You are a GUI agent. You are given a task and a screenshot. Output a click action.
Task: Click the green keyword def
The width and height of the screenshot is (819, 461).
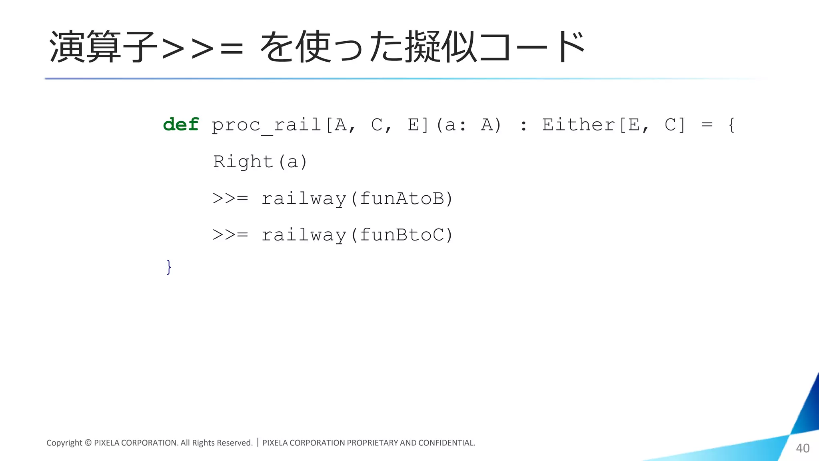(x=181, y=124)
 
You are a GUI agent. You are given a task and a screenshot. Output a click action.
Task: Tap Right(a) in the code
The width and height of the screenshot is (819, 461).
(x=260, y=162)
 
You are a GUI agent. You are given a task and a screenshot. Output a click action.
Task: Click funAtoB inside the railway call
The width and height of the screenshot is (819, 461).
(x=402, y=198)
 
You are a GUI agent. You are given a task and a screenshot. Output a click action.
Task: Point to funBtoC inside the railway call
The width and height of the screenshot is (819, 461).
(x=402, y=235)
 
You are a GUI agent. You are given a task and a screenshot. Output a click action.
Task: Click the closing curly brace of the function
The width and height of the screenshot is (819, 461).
(x=169, y=267)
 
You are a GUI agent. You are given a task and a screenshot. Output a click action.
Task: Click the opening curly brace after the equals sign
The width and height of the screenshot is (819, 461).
(x=731, y=124)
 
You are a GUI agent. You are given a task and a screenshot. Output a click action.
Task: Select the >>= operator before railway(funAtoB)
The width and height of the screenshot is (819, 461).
(x=230, y=198)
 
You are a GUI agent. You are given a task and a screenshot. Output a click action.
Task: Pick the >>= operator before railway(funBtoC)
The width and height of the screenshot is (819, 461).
(x=230, y=235)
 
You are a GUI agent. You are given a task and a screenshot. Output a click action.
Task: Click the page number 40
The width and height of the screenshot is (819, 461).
(x=803, y=448)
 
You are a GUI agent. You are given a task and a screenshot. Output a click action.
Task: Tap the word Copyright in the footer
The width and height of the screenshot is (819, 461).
(x=64, y=443)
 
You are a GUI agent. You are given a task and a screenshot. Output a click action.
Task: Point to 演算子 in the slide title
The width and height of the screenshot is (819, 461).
(x=102, y=47)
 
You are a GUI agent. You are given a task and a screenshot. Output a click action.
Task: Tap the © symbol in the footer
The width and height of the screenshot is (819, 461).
(x=88, y=443)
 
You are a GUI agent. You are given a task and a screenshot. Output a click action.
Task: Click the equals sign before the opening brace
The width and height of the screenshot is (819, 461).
(x=707, y=125)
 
